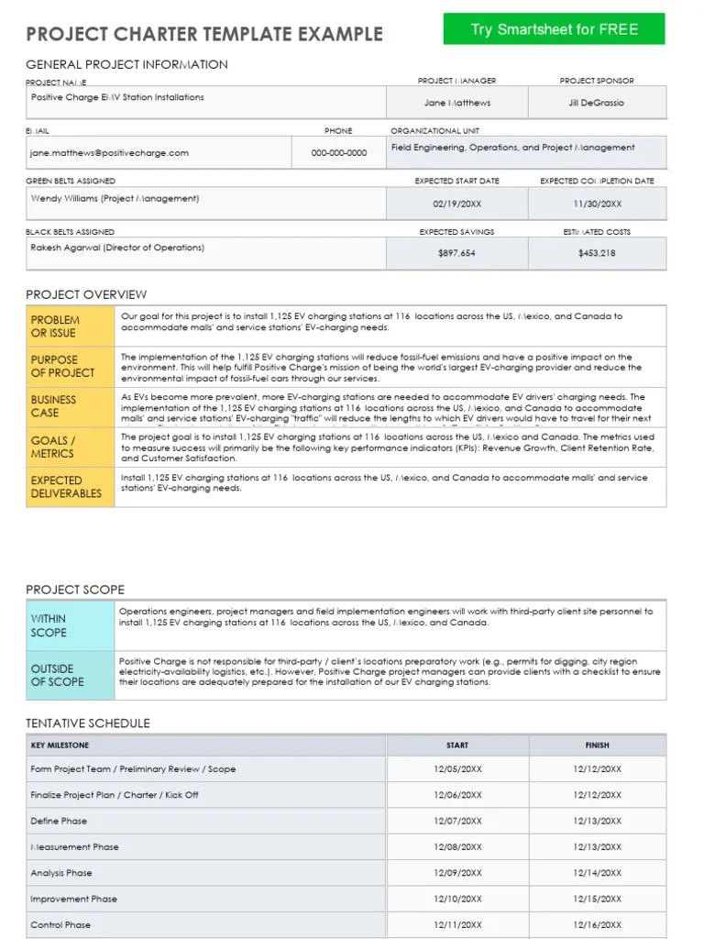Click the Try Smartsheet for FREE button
554,29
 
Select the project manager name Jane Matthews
456,103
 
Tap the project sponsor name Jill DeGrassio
596,103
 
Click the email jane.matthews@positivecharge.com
109,153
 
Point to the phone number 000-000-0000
339,153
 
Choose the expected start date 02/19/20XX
456,204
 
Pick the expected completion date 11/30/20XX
597,204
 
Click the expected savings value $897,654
456,254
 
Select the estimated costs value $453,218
597,254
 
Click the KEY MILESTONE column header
60,746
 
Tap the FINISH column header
597,746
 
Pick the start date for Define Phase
456,822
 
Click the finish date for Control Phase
597,925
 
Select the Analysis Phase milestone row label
61,873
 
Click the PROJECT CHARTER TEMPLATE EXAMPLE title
204,35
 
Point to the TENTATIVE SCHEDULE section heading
88,724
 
